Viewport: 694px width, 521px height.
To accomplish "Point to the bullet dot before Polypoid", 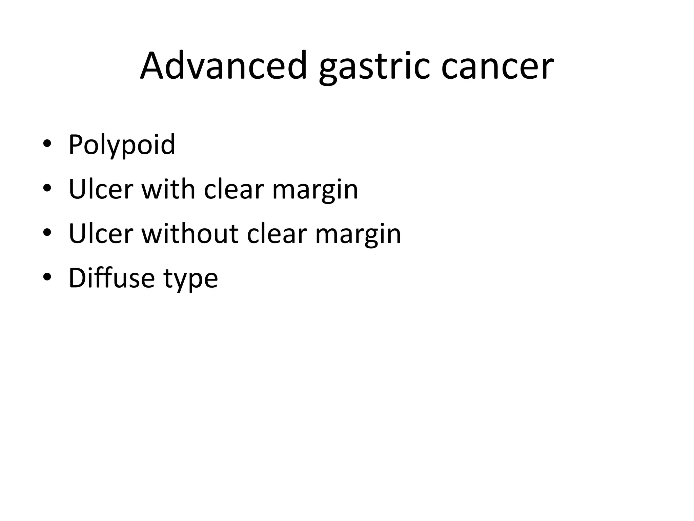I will pyautogui.click(x=47, y=144).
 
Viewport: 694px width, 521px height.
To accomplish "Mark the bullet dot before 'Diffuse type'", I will pyautogui.click(x=47, y=277).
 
